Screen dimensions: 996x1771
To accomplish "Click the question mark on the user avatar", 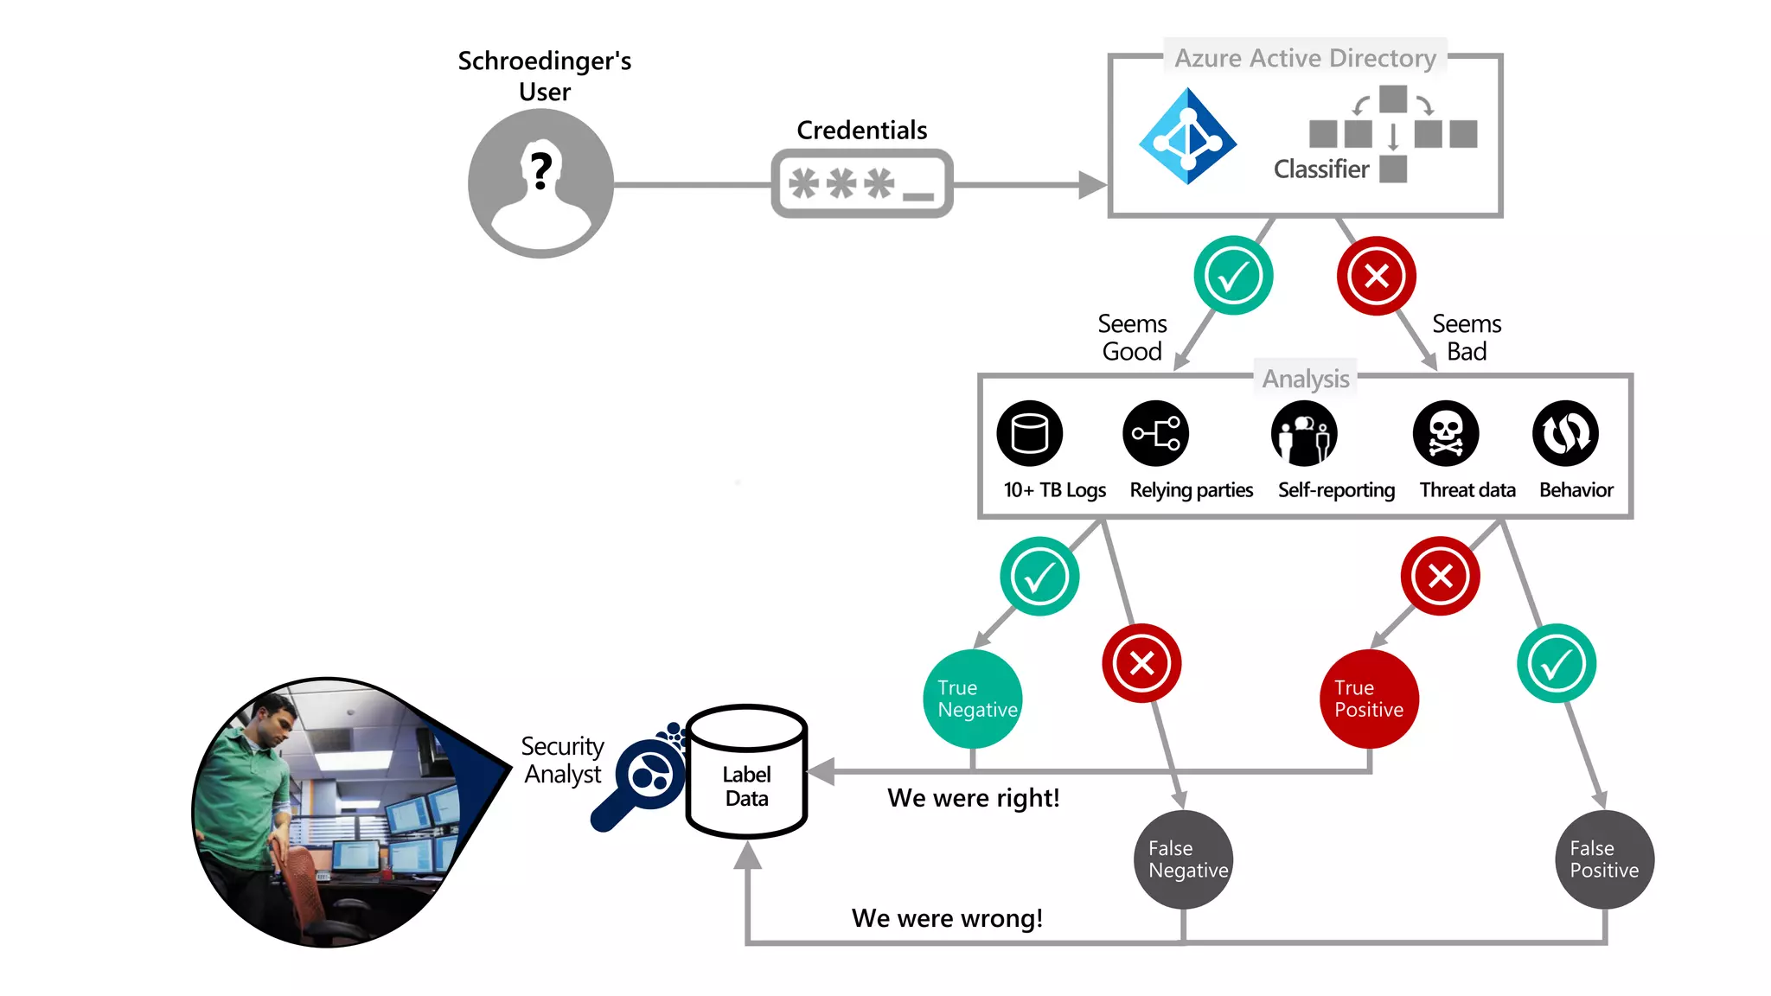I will click(541, 170).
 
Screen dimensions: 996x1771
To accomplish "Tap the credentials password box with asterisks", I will click(861, 183).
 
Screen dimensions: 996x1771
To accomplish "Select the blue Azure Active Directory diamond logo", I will click(1188, 137).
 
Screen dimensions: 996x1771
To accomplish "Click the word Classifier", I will click(1320, 169).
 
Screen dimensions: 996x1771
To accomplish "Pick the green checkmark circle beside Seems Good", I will click(1233, 276).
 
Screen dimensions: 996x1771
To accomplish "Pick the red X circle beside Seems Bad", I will click(1376, 276).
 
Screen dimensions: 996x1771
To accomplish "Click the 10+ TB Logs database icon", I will click(1029, 433).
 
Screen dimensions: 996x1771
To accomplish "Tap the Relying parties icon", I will click(1156, 433).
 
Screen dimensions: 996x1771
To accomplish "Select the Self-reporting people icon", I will click(1304, 433).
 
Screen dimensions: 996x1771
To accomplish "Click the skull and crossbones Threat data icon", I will click(1446, 433).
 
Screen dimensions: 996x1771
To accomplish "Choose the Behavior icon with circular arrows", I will click(1565, 433).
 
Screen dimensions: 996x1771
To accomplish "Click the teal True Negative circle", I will click(973, 699).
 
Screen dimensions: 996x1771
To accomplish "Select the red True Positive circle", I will click(1370, 699).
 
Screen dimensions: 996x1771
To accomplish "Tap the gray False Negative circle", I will click(1183, 859).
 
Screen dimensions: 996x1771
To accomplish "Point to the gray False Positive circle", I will click(1605, 859).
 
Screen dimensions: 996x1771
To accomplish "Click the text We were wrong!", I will click(947, 918).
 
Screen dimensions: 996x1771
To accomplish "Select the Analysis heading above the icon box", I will click(1305, 379).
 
